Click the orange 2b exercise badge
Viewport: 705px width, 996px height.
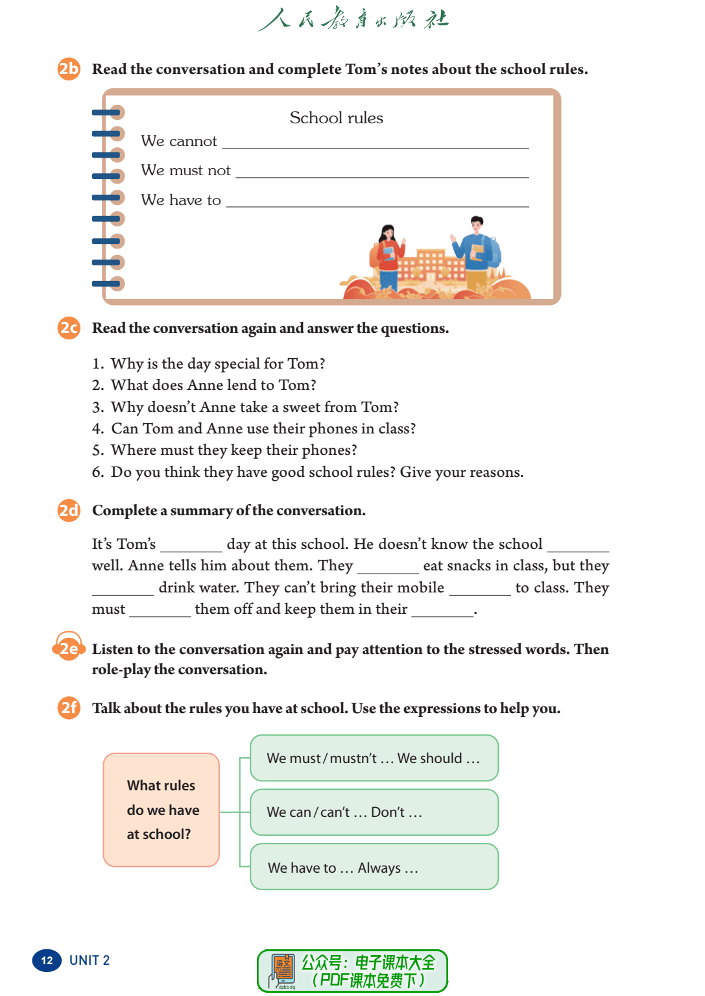(x=69, y=69)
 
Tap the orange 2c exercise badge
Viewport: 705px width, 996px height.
(x=69, y=328)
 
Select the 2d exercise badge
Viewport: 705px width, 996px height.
(x=69, y=511)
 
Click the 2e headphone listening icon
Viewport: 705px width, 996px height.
(x=68, y=648)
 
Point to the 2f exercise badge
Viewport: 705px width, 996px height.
(x=69, y=707)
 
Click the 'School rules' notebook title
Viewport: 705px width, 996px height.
(x=336, y=118)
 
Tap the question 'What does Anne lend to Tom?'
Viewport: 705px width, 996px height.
(x=213, y=385)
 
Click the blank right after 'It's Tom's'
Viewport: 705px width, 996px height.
(x=191, y=546)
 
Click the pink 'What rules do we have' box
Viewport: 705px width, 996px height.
(x=161, y=810)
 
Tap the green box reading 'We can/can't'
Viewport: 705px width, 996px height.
(x=374, y=812)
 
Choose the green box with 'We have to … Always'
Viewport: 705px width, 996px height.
(x=374, y=867)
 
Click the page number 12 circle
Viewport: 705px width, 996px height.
(x=47, y=960)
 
